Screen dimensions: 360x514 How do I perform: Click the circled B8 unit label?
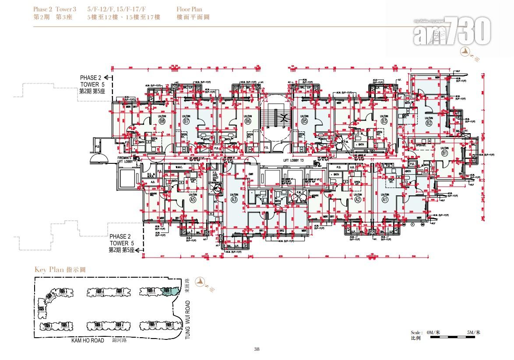(149, 121)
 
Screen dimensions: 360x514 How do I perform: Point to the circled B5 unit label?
(304, 121)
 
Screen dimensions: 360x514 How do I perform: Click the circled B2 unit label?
(429, 123)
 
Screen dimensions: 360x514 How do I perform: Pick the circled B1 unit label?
(445, 154)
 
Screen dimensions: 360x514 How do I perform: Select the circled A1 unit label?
(385, 200)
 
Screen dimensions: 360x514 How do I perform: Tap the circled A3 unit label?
(234, 200)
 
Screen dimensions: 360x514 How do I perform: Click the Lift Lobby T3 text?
(293, 161)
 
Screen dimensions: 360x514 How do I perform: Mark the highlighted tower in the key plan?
(167, 290)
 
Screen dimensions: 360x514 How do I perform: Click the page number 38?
(257, 349)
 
